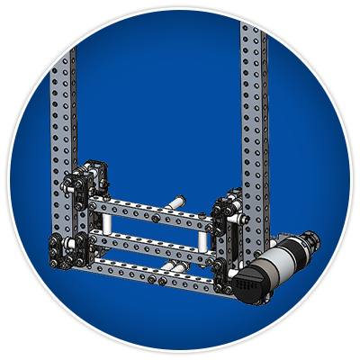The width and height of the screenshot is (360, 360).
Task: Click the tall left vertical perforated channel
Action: [x=65, y=90]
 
